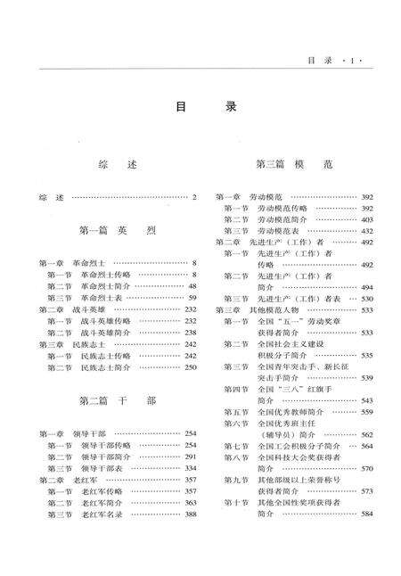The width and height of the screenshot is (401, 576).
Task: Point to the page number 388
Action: click(190, 514)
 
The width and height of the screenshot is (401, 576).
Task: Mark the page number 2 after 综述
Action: click(192, 196)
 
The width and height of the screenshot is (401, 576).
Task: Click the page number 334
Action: click(190, 467)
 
